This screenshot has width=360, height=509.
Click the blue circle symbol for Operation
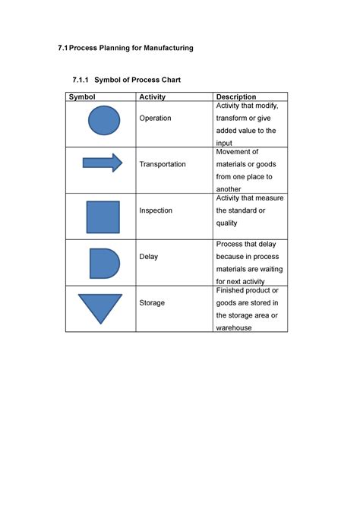(x=104, y=121)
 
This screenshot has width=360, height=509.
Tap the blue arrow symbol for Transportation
(x=102, y=163)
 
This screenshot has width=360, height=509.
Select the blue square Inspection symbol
(x=103, y=217)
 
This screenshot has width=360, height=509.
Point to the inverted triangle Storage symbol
(x=99, y=306)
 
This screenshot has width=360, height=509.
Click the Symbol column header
(x=82, y=97)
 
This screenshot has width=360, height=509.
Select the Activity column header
(x=152, y=97)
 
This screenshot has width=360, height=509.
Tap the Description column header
(x=236, y=97)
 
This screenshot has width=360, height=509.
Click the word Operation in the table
(x=155, y=119)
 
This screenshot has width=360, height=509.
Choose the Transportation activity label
(x=163, y=165)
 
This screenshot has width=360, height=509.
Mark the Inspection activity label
(x=156, y=210)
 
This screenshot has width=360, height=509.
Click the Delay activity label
(x=149, y=257)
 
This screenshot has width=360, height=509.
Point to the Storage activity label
(x=152, y=303)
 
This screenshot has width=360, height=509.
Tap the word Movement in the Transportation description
(x=238, y=152)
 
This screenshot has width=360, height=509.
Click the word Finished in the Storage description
(x=232, y=291)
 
